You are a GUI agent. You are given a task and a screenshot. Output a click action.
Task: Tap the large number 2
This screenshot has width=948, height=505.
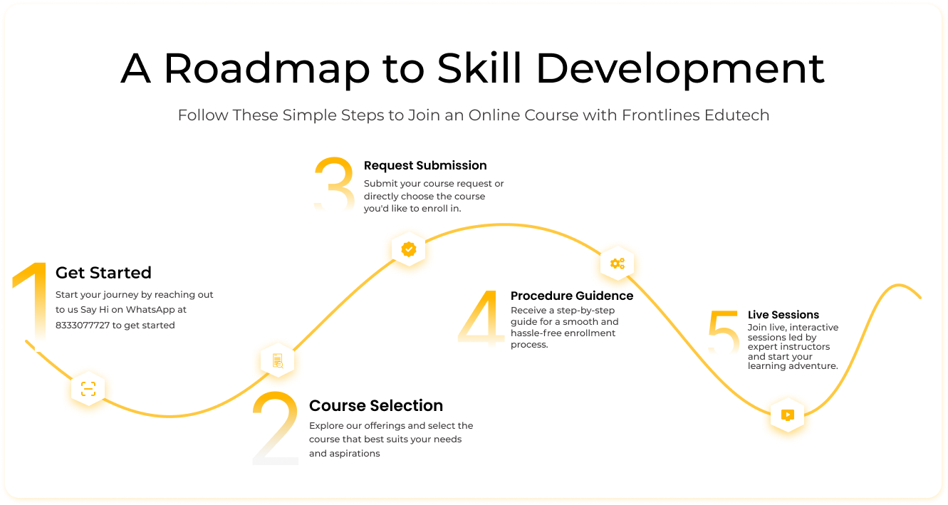click(276, 427)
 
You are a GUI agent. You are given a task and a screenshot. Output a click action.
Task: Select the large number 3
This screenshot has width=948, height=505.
click(334, 184)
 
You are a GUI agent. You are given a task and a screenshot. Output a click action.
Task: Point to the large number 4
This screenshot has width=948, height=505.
click(481, 318)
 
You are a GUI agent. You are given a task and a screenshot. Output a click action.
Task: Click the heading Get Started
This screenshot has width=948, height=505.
click(103, 273)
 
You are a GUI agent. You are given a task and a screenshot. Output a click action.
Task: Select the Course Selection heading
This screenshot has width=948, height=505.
click(376, 405)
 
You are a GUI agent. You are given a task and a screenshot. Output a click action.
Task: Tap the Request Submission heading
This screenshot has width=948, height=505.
click(425, 165)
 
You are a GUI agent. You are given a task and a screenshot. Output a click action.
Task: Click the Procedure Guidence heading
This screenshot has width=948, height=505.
click(572, 296)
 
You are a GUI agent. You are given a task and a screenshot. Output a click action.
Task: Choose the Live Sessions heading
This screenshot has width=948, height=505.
click(783, 315)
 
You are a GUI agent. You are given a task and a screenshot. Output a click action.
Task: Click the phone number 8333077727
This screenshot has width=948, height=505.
click(83, 325)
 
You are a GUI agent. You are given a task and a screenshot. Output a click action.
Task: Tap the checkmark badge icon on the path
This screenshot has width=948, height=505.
click(408, 249)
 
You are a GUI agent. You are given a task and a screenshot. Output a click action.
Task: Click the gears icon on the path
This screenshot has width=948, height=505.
click(617, 264)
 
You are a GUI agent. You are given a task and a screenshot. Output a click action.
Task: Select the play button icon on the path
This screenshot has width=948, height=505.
click(787, 415)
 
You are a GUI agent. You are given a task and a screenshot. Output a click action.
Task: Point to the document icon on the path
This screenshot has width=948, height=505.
click(278, 360)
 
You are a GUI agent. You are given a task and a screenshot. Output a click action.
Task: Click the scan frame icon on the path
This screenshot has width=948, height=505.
click(88, 389)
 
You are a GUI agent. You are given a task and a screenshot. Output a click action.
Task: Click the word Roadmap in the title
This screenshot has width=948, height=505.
click(266, 68)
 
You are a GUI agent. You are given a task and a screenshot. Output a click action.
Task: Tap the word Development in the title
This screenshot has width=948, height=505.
click(680, 68)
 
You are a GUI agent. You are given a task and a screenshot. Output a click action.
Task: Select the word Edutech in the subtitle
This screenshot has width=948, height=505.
click(736, 115)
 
